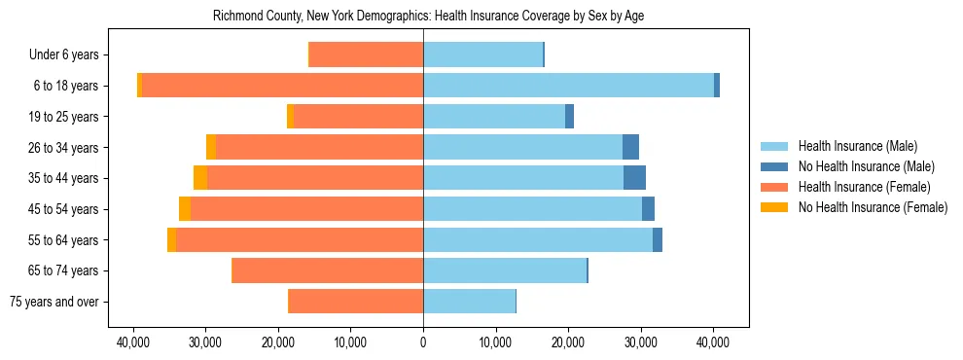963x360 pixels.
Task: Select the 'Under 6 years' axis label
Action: coord(69,54)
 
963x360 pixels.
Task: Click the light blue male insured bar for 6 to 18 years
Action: coord(568,86)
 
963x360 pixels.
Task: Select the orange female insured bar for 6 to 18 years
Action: coord(282,86)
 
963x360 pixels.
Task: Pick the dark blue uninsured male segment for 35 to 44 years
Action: coord(634,178)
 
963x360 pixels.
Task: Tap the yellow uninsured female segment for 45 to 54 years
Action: coord(185,209)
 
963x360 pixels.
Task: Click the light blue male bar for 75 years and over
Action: coord(469,302)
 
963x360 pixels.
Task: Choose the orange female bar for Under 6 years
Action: coord(366,54)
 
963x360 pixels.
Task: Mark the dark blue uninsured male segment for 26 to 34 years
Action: coord(630,147)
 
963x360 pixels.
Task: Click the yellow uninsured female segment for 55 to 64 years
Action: coord(171,239)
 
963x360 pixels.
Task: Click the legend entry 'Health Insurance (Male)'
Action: coord(857,146)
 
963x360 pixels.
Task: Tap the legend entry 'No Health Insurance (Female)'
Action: coord(873,207)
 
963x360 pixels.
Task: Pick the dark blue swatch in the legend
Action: coord(775,166)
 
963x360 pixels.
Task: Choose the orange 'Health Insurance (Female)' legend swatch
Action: coord(775,187)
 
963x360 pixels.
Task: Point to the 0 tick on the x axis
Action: coord(423,342)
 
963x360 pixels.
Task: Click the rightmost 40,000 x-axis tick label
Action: coord(713,342)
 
